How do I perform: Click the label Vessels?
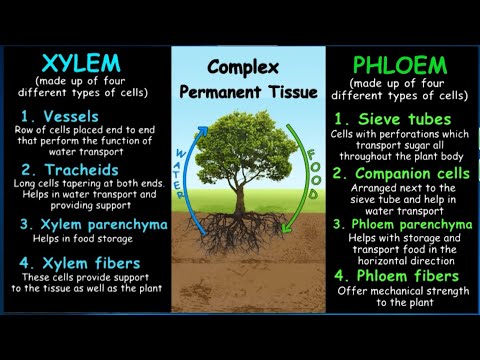point(70,117)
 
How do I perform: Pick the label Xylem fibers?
point(84,264)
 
